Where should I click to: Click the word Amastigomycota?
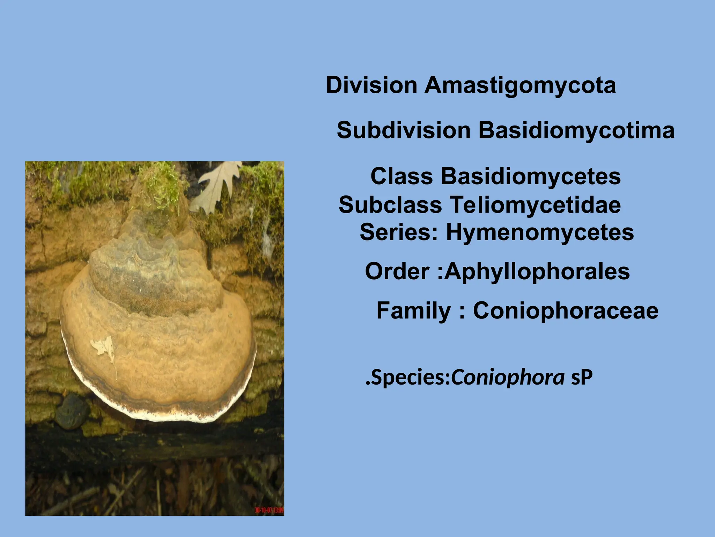520,86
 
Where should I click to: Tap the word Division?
371,85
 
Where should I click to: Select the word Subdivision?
404,130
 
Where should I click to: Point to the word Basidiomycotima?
576,130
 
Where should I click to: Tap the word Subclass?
390,205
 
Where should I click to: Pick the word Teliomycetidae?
535,205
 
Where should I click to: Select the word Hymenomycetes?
540,232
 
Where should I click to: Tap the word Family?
414,310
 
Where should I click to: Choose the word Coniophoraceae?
566,310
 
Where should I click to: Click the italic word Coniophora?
508,378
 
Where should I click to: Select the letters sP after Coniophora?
582,378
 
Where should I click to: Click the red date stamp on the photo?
269,510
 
